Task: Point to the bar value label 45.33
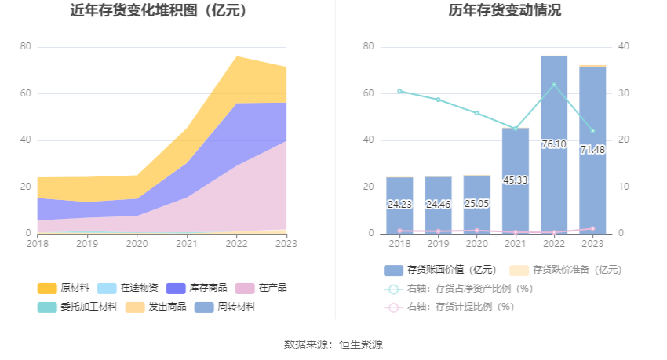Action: click(x=516, y=180)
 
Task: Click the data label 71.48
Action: click(x=592, y=150)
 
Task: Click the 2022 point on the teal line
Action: click(x=554, y=85)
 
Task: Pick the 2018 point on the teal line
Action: click(x=399, y=91)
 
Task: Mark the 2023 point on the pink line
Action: click(x=592, y=229)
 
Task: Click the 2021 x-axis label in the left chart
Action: click(x=187, y=244)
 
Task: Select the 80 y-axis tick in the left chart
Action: click(x=25, y=47)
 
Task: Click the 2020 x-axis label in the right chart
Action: click(x=476, y=244)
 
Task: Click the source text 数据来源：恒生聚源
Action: click(x=333, y=344)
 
